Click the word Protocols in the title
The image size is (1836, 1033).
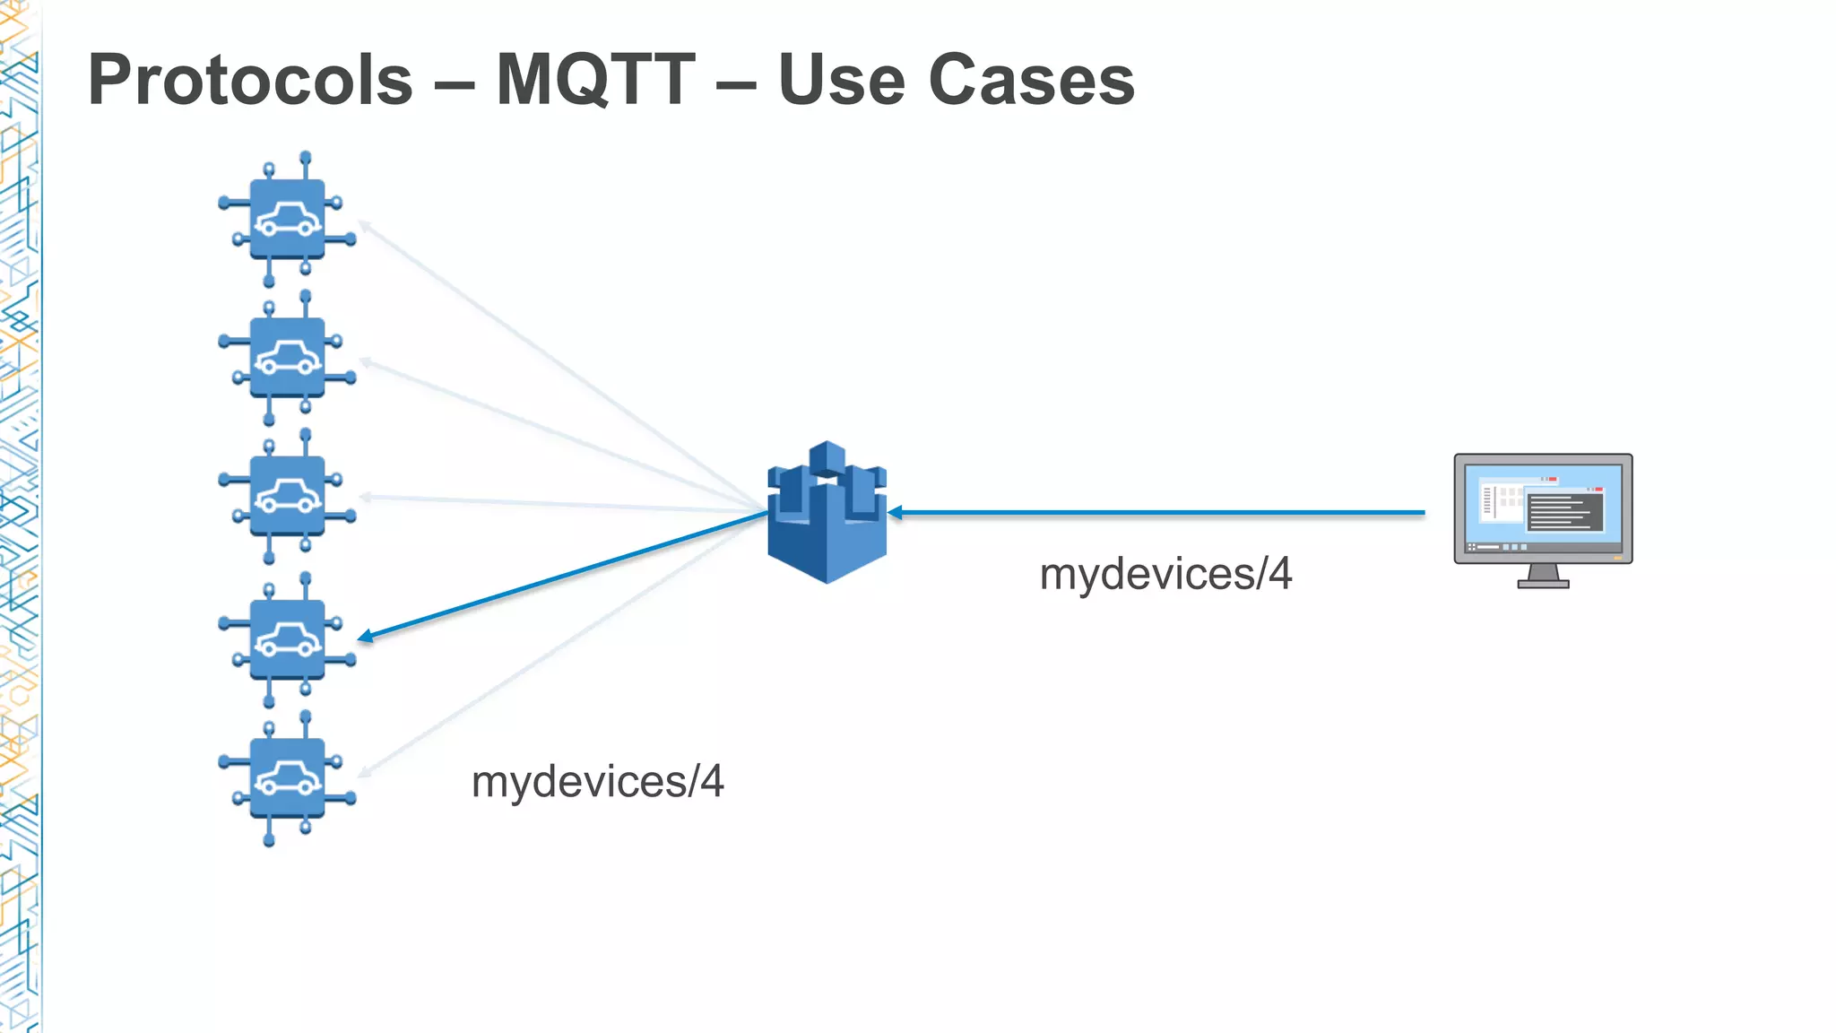pyautogui.click(x=250, y=81)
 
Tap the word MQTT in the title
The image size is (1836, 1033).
pyautogui.click(x=595, y=81)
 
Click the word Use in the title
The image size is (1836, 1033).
pyautogui.click(x=841, y=81)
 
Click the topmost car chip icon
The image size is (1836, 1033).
pyautogui.click(x=287, y=219)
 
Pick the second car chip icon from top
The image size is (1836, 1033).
pyautogui.click(x=287, y=358)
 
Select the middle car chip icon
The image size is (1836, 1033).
pyautogui.click(x=287, y=496)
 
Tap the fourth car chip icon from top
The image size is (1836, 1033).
pyautogui.click(x=287, y=639)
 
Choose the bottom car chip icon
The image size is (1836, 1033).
pyautogui.click(x=287, y=777)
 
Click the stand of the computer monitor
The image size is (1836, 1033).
pyautogui.click(x=1543, y=576)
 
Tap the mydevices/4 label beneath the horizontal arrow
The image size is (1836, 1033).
pyautogui.click(x=1165, y=575)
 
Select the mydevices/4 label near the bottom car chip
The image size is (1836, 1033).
pyautogui.click(x=597, y=782)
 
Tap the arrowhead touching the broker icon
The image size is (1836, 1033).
pyautogui.click(x=895, y=513)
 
